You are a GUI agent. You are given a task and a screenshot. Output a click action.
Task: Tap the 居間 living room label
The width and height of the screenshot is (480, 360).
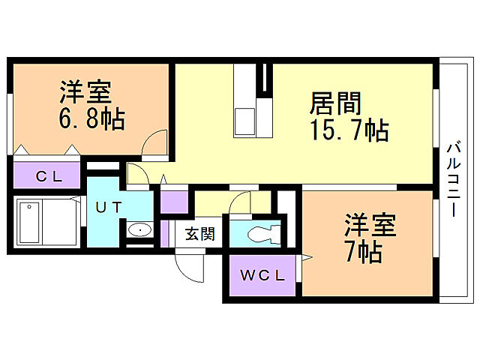336,103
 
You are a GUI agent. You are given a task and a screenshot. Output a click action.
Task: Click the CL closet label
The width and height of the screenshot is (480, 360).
50,177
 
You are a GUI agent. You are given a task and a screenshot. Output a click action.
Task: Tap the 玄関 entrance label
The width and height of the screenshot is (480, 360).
199,234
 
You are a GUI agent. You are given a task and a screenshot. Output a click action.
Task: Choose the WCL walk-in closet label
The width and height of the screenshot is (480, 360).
262,275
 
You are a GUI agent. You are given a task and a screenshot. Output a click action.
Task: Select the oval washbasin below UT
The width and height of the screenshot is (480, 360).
138,230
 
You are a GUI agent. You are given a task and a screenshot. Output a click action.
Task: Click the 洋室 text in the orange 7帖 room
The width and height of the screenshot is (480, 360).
370,225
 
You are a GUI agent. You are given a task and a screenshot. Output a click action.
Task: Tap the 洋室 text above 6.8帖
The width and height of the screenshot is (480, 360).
87,93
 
